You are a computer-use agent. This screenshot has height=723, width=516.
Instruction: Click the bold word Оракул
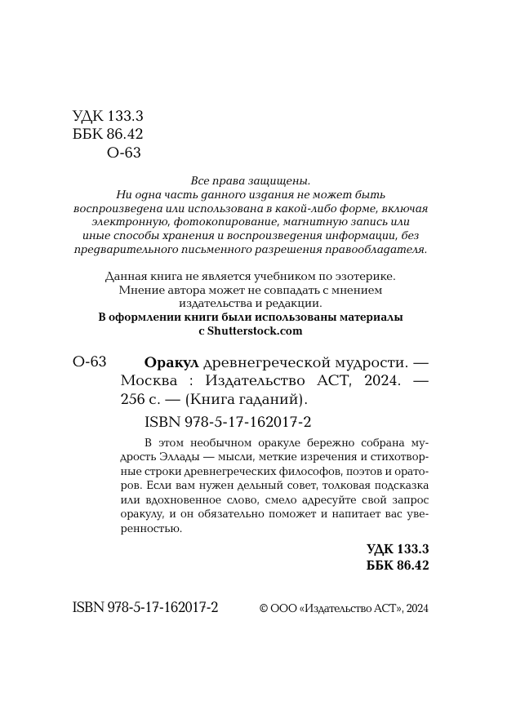click(171, 362)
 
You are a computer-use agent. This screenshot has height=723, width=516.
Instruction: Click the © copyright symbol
click(263, 608)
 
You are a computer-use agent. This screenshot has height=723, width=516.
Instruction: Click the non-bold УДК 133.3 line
click(108, 117)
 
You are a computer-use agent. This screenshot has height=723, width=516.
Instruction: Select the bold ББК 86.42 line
click(398, 565)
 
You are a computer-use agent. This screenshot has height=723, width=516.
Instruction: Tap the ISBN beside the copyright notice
click(145, 608)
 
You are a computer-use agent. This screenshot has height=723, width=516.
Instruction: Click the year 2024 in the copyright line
click(417, 608)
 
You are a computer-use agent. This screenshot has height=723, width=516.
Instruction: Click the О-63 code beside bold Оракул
click(89, 362)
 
